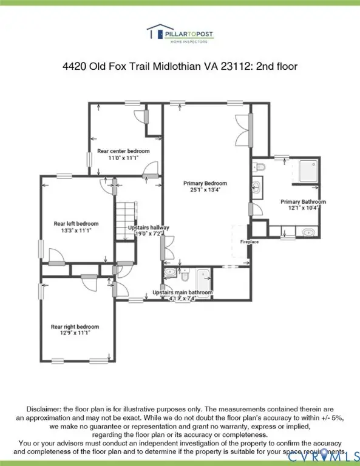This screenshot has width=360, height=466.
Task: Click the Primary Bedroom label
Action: pyautogui.click(x=205, y=183)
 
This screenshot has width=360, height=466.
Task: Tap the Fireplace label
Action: pyautogui.click(x=250, y=241)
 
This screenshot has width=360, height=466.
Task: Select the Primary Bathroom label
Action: pyautogui.click(x=303, y=202)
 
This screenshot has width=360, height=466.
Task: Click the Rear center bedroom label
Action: pyautogui.click(x=123, y=151)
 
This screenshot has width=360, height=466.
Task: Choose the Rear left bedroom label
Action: pyautogui.click(x=76, y=224)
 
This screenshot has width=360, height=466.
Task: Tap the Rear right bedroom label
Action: pyautogui.click(x=75, y=327)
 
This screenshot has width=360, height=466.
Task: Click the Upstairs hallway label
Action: pyautogui.click(x=148, y=228)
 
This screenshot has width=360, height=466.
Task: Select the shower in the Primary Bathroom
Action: pyautogui.click(x=306, y=172)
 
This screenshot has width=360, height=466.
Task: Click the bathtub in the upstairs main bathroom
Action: pyautogui.click(x=202, y=278)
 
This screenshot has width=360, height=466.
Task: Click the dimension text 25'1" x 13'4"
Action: pyautogui.click(x=205, y=189)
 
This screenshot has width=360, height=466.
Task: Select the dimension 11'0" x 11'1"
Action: pyautogui.click(x=123, y=158)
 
